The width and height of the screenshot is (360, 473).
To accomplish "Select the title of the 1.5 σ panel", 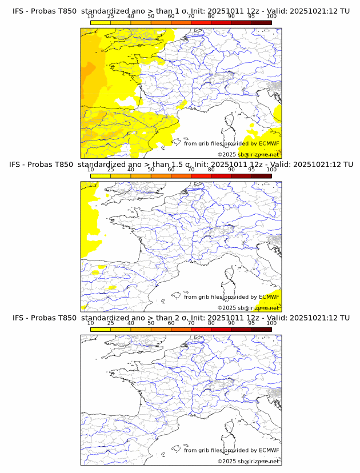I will click(181, 165).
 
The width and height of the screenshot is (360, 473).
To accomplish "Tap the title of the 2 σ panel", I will click(181, 318).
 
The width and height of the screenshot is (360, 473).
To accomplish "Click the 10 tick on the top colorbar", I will click(90, 16).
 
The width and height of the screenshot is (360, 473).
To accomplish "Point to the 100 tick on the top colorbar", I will click(271, 16).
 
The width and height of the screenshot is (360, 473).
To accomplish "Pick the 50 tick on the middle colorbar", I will click(151, 169).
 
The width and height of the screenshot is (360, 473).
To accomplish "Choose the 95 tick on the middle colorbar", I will click(251, 169).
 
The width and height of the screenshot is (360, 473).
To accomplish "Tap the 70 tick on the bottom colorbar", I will click(191, 323).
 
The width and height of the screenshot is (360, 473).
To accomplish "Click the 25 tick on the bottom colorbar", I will click(110, 323).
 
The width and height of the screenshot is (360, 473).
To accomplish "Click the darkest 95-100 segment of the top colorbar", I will click(261, 22).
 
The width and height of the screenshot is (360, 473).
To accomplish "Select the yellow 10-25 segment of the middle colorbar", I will click(101, 175).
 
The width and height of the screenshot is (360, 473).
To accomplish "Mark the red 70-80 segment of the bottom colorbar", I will click(201, 329).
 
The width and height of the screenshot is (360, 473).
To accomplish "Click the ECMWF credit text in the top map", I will click(231, 144).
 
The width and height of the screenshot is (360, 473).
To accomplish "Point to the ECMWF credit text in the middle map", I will click(231, 297).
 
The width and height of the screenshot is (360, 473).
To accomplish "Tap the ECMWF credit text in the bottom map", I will click(231, 450).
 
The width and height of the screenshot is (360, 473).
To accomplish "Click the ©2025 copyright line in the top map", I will click(248, 154).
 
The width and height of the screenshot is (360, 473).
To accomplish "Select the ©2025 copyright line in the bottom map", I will click(248, 461).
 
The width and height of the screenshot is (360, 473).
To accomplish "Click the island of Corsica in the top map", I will click(230, 122).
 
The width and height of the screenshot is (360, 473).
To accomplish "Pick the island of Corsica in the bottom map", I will click(230, 428).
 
